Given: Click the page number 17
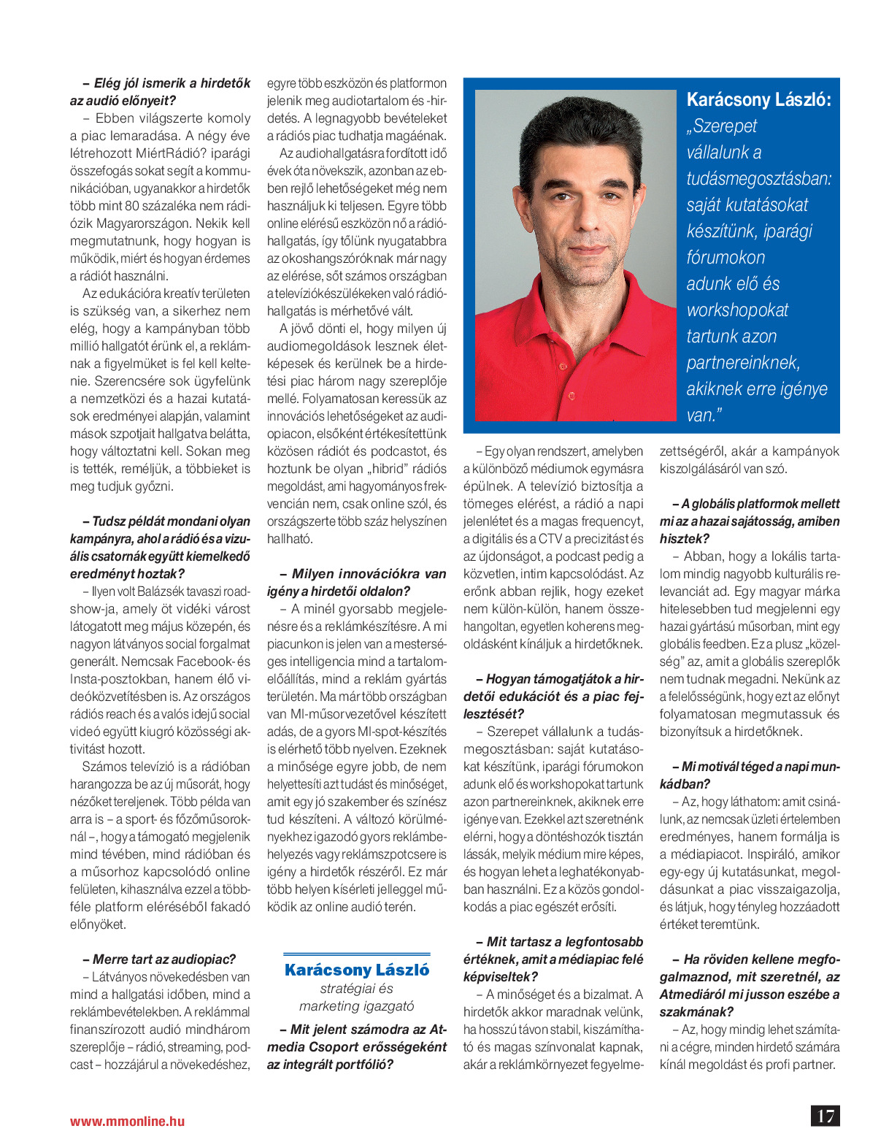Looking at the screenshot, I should point(826,1116).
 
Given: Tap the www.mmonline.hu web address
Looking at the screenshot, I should point(127,1121).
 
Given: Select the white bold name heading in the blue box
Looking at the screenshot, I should point(758,100).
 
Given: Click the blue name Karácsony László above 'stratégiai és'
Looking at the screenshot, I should point(357,970).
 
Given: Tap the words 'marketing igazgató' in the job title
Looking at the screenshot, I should point(356,1006).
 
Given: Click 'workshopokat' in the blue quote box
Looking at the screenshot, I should point(737,310).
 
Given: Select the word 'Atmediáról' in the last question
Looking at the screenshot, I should point(690,995).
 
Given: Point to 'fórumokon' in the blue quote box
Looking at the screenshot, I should point(726,258).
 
